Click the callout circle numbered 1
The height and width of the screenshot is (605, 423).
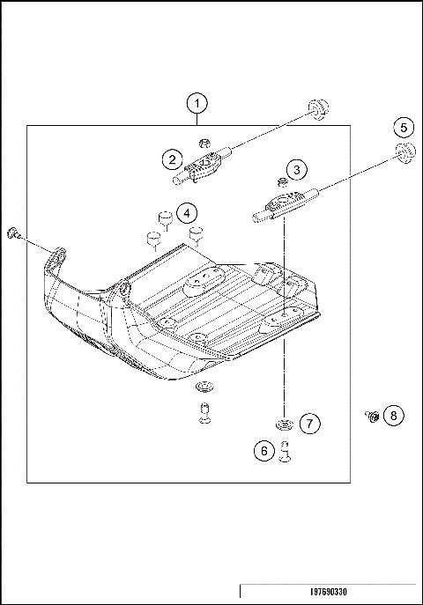pyautogui.click(x=197, y=104)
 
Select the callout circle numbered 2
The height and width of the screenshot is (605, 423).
pyautogui.click(x=171, y=159)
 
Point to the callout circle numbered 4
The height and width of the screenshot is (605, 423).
pyautogui.click(x=185, y=213)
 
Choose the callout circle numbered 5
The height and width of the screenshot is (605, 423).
pyautogui.click(x=402, y=128)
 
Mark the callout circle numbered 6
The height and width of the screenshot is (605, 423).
pyautogui.click(x=262, y=451)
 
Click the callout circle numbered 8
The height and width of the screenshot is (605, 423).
pyautogui.click(x=393, y=414)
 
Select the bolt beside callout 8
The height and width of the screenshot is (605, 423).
pyautogui.click(x=370, y=414)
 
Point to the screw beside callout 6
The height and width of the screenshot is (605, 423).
pyautogui.click(x=284, y=450)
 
